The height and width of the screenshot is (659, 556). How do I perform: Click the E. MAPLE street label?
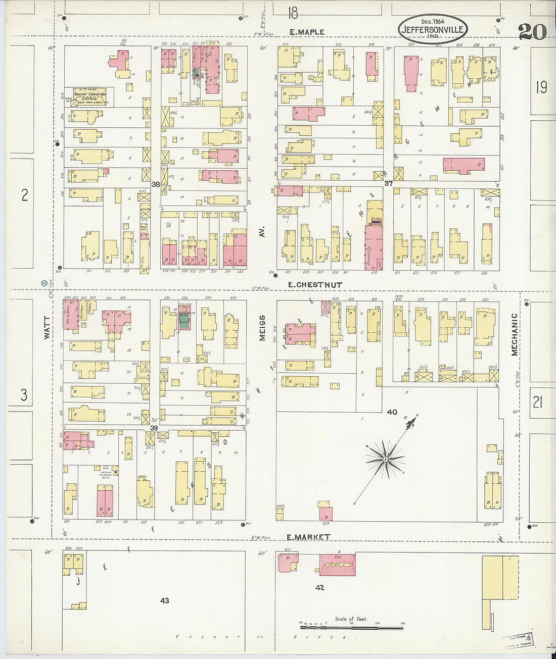tap(307, 32)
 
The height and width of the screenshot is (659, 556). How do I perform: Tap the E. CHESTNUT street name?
tap(315, 285)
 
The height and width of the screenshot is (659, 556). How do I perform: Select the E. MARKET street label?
tap(308, 537)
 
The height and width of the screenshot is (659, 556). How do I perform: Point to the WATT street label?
tap(47, 327)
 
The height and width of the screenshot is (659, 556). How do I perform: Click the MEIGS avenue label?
tap(262, 328)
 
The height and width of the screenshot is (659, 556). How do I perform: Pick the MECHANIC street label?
tap(515, 334)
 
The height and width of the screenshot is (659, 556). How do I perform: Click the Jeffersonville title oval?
tap(432, 29)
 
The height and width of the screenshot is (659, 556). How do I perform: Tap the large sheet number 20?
tap(532, 32)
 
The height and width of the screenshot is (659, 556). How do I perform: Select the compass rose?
tap(385, 459)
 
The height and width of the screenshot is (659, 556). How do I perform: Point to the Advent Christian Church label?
tap(90, 96)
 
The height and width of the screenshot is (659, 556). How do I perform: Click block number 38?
tap(156, 184)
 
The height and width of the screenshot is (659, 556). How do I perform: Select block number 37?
tap(388, 183)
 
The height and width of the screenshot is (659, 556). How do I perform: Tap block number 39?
tap(154, 428)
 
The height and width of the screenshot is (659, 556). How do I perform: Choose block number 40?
tap(392, 412)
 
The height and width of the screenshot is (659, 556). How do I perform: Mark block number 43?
tap(164, 600)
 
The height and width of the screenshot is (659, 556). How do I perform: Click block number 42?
tap(319, 587)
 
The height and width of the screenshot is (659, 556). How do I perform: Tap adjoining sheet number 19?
tap(541, 88)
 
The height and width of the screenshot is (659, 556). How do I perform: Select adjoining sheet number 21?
tap(537, 402)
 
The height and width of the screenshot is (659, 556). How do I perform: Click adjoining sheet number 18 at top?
tap(293, 12)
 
